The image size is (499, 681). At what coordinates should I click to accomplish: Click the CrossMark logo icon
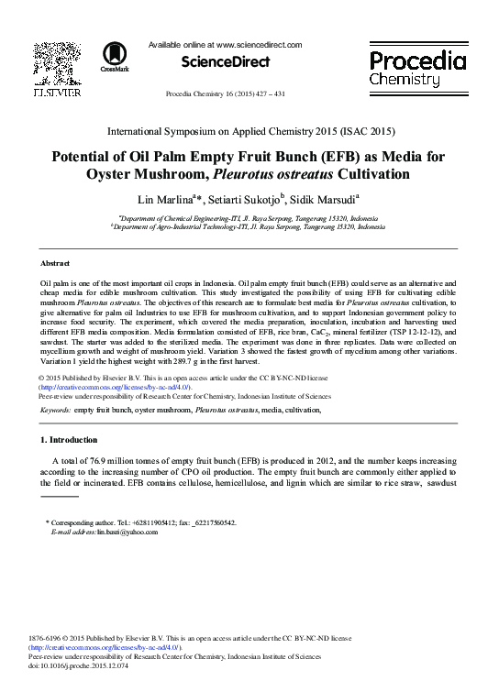(x=115, y=55)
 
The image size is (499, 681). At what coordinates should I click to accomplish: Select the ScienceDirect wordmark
(x=226, y=62)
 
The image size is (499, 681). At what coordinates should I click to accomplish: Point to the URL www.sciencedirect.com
(x=259, y=44)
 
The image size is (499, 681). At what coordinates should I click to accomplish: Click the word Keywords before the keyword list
(x=56, y=411)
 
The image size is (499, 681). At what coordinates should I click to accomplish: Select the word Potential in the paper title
(x=87, y=155)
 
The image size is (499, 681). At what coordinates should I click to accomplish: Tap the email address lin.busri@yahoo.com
(x=127, y=532)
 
